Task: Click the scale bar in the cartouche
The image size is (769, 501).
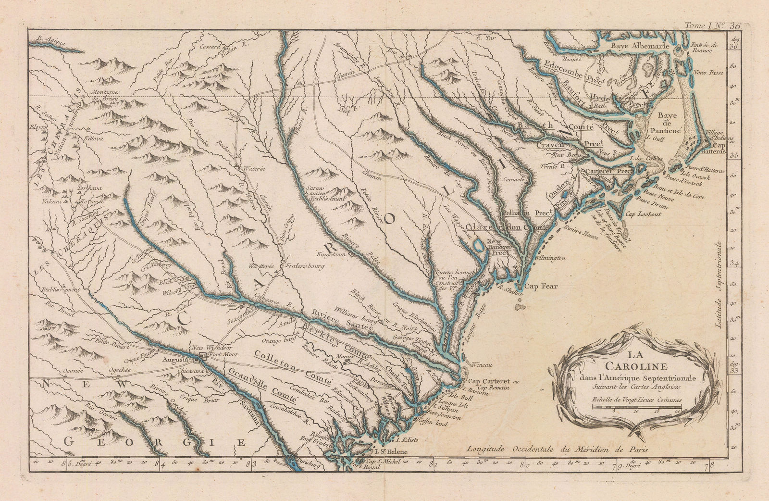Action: [636, 407]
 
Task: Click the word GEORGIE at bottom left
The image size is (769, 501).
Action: [152, 442]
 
